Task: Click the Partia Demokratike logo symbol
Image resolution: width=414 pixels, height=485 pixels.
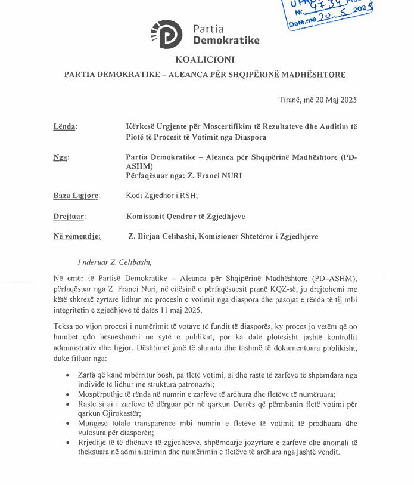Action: (x=167, y=34)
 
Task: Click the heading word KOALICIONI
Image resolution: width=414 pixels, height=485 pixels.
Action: (x=205, y=59)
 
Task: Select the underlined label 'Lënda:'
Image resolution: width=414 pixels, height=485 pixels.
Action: (x=66, y=126)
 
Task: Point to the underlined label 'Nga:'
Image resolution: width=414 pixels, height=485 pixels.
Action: (x=61, y=157)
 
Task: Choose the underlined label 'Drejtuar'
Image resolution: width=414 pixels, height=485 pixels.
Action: (x=69, y=216)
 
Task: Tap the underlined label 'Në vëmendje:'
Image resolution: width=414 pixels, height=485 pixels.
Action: (x=77, y=236)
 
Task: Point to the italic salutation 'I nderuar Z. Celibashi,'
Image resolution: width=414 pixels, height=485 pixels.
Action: (x=110, y=262)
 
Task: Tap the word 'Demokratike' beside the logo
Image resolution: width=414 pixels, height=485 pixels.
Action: (x=226, y=40)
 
